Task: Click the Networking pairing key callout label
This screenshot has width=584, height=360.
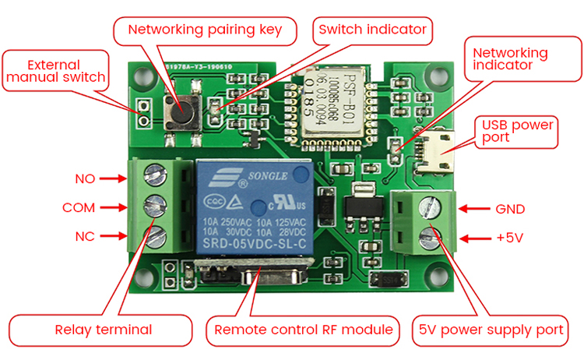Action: [205, 30]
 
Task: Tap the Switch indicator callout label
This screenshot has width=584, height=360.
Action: [373, 30]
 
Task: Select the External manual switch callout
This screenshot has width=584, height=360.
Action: [55, 71]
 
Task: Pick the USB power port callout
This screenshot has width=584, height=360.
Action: [518, 130]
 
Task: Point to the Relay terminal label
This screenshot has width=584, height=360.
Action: [102, 329]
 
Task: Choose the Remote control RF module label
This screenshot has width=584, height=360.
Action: [303, 329]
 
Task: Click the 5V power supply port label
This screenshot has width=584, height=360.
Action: [491, 329]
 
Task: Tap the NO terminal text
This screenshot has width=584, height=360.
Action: [85, 178]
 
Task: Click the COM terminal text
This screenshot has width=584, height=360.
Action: [79, 208]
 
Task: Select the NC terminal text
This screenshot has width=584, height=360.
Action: [85, 236]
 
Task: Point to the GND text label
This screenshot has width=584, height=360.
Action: [511, 209]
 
